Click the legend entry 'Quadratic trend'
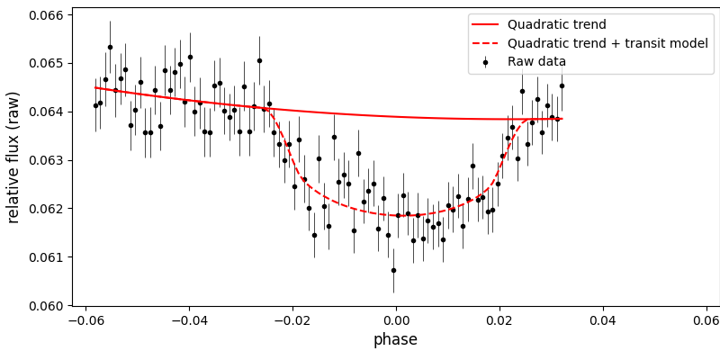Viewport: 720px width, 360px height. click(x=556, y=25)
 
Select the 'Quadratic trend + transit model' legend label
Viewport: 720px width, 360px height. click(x=607, y=43)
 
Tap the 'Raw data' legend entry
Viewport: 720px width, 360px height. click(x=537, y=62)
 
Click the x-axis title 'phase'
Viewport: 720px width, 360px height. click(x=395, y=340)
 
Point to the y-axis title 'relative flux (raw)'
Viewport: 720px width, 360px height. click(x=13, y=157)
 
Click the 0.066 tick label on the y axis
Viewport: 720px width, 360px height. click(x=40, y=15)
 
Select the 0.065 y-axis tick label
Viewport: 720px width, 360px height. click(x=40, y=64)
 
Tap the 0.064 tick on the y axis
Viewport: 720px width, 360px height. click(x=40, y=112)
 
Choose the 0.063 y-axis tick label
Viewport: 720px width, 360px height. click(x=40, y=160)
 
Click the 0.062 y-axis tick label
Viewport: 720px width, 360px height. click(x=40, y=209)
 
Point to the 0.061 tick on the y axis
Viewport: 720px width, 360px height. click(x=40, y=257)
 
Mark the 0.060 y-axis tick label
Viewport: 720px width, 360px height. click(x=40, y=306)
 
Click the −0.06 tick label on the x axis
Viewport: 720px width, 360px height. click(x=85, y=319)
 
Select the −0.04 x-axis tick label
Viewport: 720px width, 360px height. click(x=189, y=319)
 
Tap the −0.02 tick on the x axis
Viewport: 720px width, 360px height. click(x=292, y=319)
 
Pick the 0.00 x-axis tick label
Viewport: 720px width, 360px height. click(x=396, y=319)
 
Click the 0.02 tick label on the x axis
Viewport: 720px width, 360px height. click(x=499, y=319)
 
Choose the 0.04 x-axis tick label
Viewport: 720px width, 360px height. click(x=603, y=319)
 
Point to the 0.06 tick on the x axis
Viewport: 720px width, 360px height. click(x=706, y=319)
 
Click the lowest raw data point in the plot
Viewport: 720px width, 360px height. click(x=393, y=270)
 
